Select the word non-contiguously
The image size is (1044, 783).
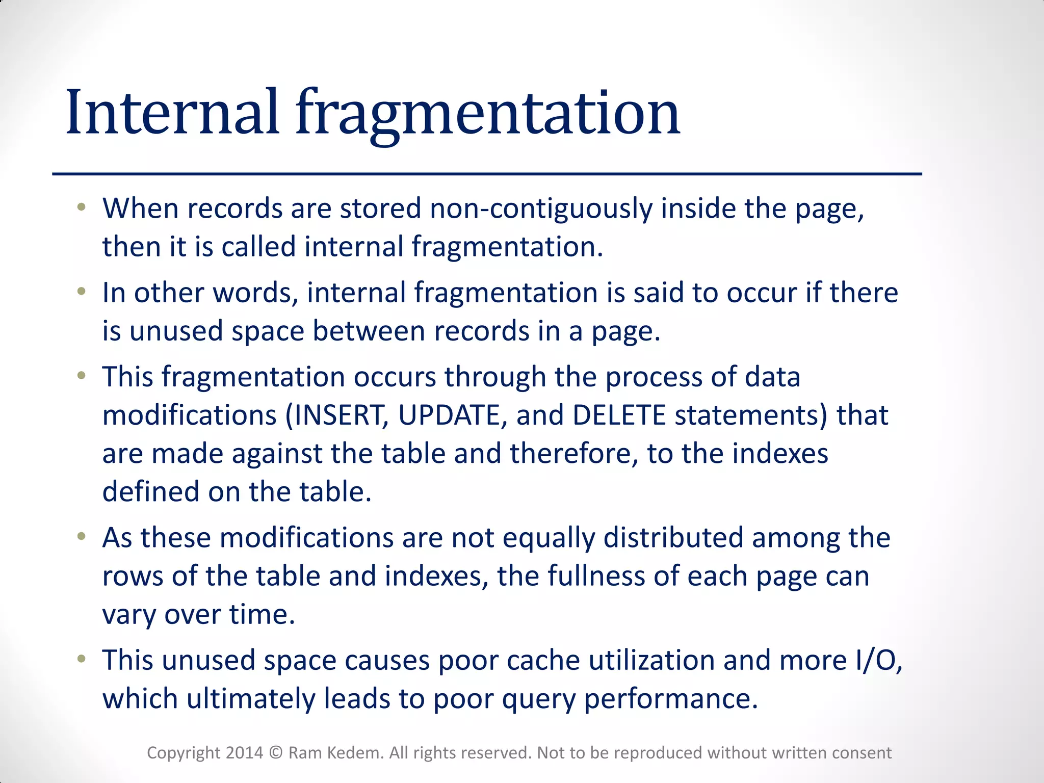(541, 209)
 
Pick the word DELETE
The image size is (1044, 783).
(619, 415)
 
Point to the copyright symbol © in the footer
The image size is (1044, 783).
(276, 753)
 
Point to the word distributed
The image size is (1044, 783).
(673, 538)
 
